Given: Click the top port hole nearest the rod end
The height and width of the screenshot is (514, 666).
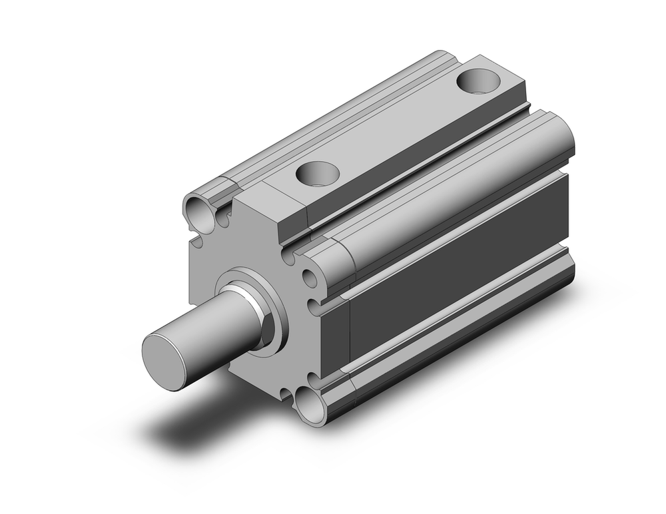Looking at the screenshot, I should (x=317, y=174).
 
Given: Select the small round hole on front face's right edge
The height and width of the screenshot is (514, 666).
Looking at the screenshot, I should (x=310, y=278).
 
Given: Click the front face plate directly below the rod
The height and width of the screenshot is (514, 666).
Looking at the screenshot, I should (x=266, y=373).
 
